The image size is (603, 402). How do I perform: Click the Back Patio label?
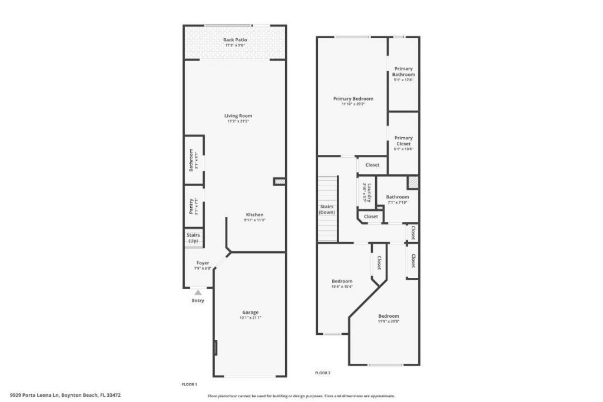click(x=235, y=40)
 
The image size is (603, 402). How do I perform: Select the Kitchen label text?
click(x=254, y=215)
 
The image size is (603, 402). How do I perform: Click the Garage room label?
click(x=250, y=313)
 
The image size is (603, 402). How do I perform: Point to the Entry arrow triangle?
click(x=198, y=292)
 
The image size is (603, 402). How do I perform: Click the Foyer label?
click(x=203, y=263)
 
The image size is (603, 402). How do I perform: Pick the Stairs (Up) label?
click(x=193, y=238)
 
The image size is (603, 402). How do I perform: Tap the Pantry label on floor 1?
click(x=191, y=205)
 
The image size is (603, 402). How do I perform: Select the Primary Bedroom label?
click(x=353, y=99)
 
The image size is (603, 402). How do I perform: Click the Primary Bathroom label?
click(x=403, y=72)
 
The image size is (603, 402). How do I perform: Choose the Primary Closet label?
click(x=403, y=141)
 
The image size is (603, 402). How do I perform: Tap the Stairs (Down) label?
click(x=327, y=209)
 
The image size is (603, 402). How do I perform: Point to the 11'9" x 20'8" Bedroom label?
click(x=389, y=316)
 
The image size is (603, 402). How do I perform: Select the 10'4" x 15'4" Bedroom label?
click(x=342, y=281)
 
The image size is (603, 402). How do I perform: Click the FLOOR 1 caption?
click(x=189, y=384)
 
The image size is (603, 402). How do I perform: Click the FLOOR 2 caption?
click(x=323, y=373)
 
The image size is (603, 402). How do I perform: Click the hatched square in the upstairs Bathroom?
click(x=413, y=182)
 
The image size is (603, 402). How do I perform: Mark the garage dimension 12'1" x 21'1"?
click(x=250, y=318)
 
